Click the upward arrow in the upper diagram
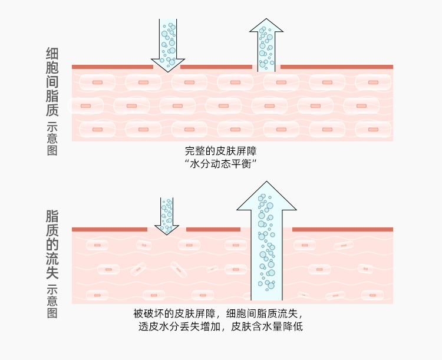[266, 45]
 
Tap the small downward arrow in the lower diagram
[167, 216]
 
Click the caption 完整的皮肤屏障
[221, 151]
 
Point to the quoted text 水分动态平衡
[221, 164]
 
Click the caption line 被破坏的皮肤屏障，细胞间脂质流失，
[221, 313]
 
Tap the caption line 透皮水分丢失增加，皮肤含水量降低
[221, 326]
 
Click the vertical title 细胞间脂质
[52, 82]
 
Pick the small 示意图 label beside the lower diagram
[52, 301]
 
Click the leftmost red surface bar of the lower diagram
[110, 229]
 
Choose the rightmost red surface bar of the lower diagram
[342, 229]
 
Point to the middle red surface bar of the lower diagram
[213, 229]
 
